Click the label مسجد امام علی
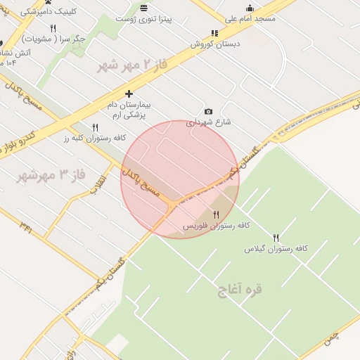pos(251,18)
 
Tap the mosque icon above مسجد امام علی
pos(250,8)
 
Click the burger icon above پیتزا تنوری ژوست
pos(144,8)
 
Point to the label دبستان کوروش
pos(214,43)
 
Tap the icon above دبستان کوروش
pos(214,33)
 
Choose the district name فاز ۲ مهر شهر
pos(133,65)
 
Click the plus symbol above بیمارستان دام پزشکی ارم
pos(129,94)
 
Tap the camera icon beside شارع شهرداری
pos(208,112)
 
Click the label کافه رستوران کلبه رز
pos(95,138)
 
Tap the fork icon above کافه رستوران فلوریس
pos(216,214)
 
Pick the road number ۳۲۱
pos(27,226)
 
